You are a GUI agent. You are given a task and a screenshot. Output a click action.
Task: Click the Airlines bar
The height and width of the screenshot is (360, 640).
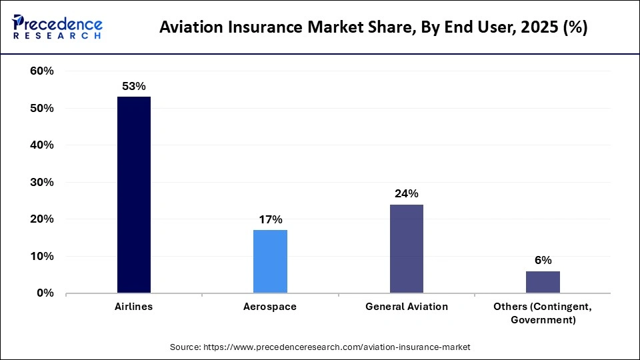click(x=134, y=195)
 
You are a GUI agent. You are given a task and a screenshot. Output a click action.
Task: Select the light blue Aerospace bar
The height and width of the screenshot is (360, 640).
click(x=270, y=261)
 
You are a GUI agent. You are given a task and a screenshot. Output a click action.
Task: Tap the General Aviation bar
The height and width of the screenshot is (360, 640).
click(x=406, y=248)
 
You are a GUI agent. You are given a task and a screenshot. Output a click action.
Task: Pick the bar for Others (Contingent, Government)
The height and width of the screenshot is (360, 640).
click(x=543, y=281)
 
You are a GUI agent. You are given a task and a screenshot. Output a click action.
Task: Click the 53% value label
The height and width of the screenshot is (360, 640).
click(x=133, y=86)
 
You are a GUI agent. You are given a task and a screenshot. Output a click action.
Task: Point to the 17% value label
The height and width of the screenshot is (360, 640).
click(x=270, y=219)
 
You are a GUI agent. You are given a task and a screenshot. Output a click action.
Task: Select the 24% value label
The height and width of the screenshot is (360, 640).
click(x=406, y=193)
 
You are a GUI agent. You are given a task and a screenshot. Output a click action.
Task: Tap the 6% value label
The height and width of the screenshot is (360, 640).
click(x=543, y=260)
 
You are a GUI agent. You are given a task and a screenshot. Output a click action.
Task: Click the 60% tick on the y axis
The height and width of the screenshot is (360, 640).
click(x=41, y=71)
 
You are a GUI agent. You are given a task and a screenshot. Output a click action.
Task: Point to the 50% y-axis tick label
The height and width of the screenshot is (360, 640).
click(x=41, y=108)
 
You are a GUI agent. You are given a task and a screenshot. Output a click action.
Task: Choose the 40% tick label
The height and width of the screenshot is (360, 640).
click(x=41, y=145)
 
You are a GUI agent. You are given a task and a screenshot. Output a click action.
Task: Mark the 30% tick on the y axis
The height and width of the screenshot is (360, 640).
click(x=41, y=182)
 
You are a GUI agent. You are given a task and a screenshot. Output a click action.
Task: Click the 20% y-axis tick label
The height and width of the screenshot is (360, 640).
click(x=41, y=219)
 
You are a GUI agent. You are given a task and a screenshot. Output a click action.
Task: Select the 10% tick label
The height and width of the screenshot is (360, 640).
click(x=41, y=256)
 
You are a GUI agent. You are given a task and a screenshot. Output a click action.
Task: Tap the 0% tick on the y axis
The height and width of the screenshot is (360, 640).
click(x=45, y=293)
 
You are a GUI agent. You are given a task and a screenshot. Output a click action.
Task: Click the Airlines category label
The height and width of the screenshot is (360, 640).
click(x=133, y=307)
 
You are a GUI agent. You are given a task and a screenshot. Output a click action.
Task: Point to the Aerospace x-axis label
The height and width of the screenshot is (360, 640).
click(x=270, y=307)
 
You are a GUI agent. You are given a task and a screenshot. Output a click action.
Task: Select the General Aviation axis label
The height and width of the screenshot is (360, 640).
click(x=406, y=307)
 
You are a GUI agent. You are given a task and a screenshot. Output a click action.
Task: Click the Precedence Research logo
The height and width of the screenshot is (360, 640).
click(x=57, y=27)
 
